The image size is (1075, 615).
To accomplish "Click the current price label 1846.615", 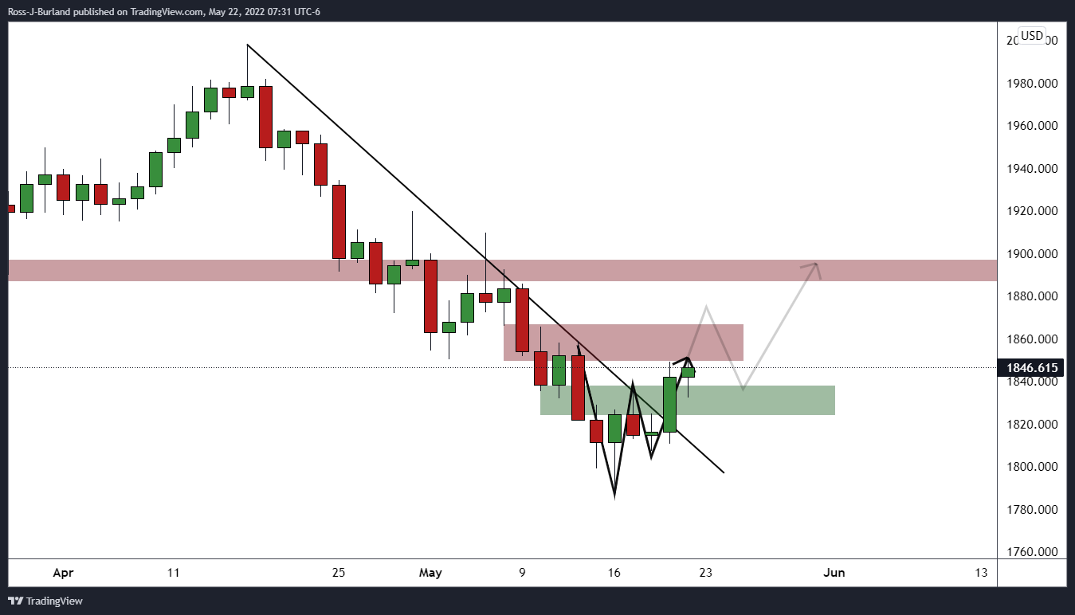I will click(1034, 367).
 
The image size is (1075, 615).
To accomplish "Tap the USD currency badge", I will click(1032, 36).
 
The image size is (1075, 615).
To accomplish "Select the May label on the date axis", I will click(430, 572).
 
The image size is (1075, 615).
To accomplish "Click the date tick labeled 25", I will click(339, 572).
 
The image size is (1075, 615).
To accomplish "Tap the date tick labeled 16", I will click(614, 572).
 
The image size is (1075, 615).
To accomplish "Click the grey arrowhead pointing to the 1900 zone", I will click(815, 266).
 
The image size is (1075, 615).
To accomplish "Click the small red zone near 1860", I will click(638, 342).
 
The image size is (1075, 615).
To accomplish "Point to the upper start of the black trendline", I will click(248, 45).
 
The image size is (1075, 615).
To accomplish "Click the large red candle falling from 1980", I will click(266, 116).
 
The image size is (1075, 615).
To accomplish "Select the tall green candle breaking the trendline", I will click(669, 404).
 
